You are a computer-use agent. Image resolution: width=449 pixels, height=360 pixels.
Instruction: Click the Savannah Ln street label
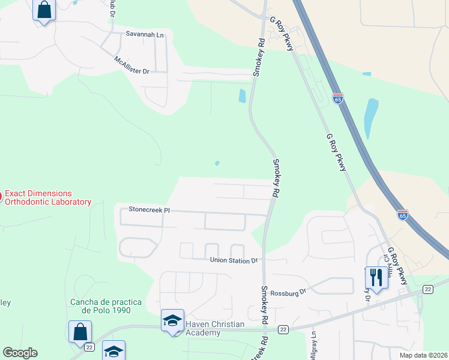tap(145, 35)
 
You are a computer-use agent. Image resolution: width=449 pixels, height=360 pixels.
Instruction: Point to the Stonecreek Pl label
tap(150, 210)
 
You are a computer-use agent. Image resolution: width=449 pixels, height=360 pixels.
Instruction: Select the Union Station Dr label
tap(234, 260)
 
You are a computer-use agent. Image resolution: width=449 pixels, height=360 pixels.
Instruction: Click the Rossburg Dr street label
tap(289, 292)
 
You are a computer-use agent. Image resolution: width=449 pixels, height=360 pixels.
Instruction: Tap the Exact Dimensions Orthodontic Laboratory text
tap(47, 198)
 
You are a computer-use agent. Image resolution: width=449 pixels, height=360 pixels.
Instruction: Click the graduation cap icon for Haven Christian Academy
tap(173, 319)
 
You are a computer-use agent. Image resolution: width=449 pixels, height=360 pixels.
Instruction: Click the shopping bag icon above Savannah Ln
tap(44, 10)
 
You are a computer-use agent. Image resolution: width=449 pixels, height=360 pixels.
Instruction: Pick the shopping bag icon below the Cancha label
tap(80, 331)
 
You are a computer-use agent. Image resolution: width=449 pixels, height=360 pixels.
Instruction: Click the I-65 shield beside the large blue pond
tap(339, 98)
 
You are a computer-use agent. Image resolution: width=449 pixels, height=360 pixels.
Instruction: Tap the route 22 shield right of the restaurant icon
tap(427, 290)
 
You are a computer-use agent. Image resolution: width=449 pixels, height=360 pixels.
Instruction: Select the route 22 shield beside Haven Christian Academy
tap(283, 329)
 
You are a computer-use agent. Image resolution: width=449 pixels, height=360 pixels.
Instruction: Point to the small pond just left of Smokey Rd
tap(243, 95)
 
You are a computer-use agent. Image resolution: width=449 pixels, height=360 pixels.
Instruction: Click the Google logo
tap(20, 353)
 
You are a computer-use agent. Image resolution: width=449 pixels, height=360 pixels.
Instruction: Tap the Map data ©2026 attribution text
tap(423, 355)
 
